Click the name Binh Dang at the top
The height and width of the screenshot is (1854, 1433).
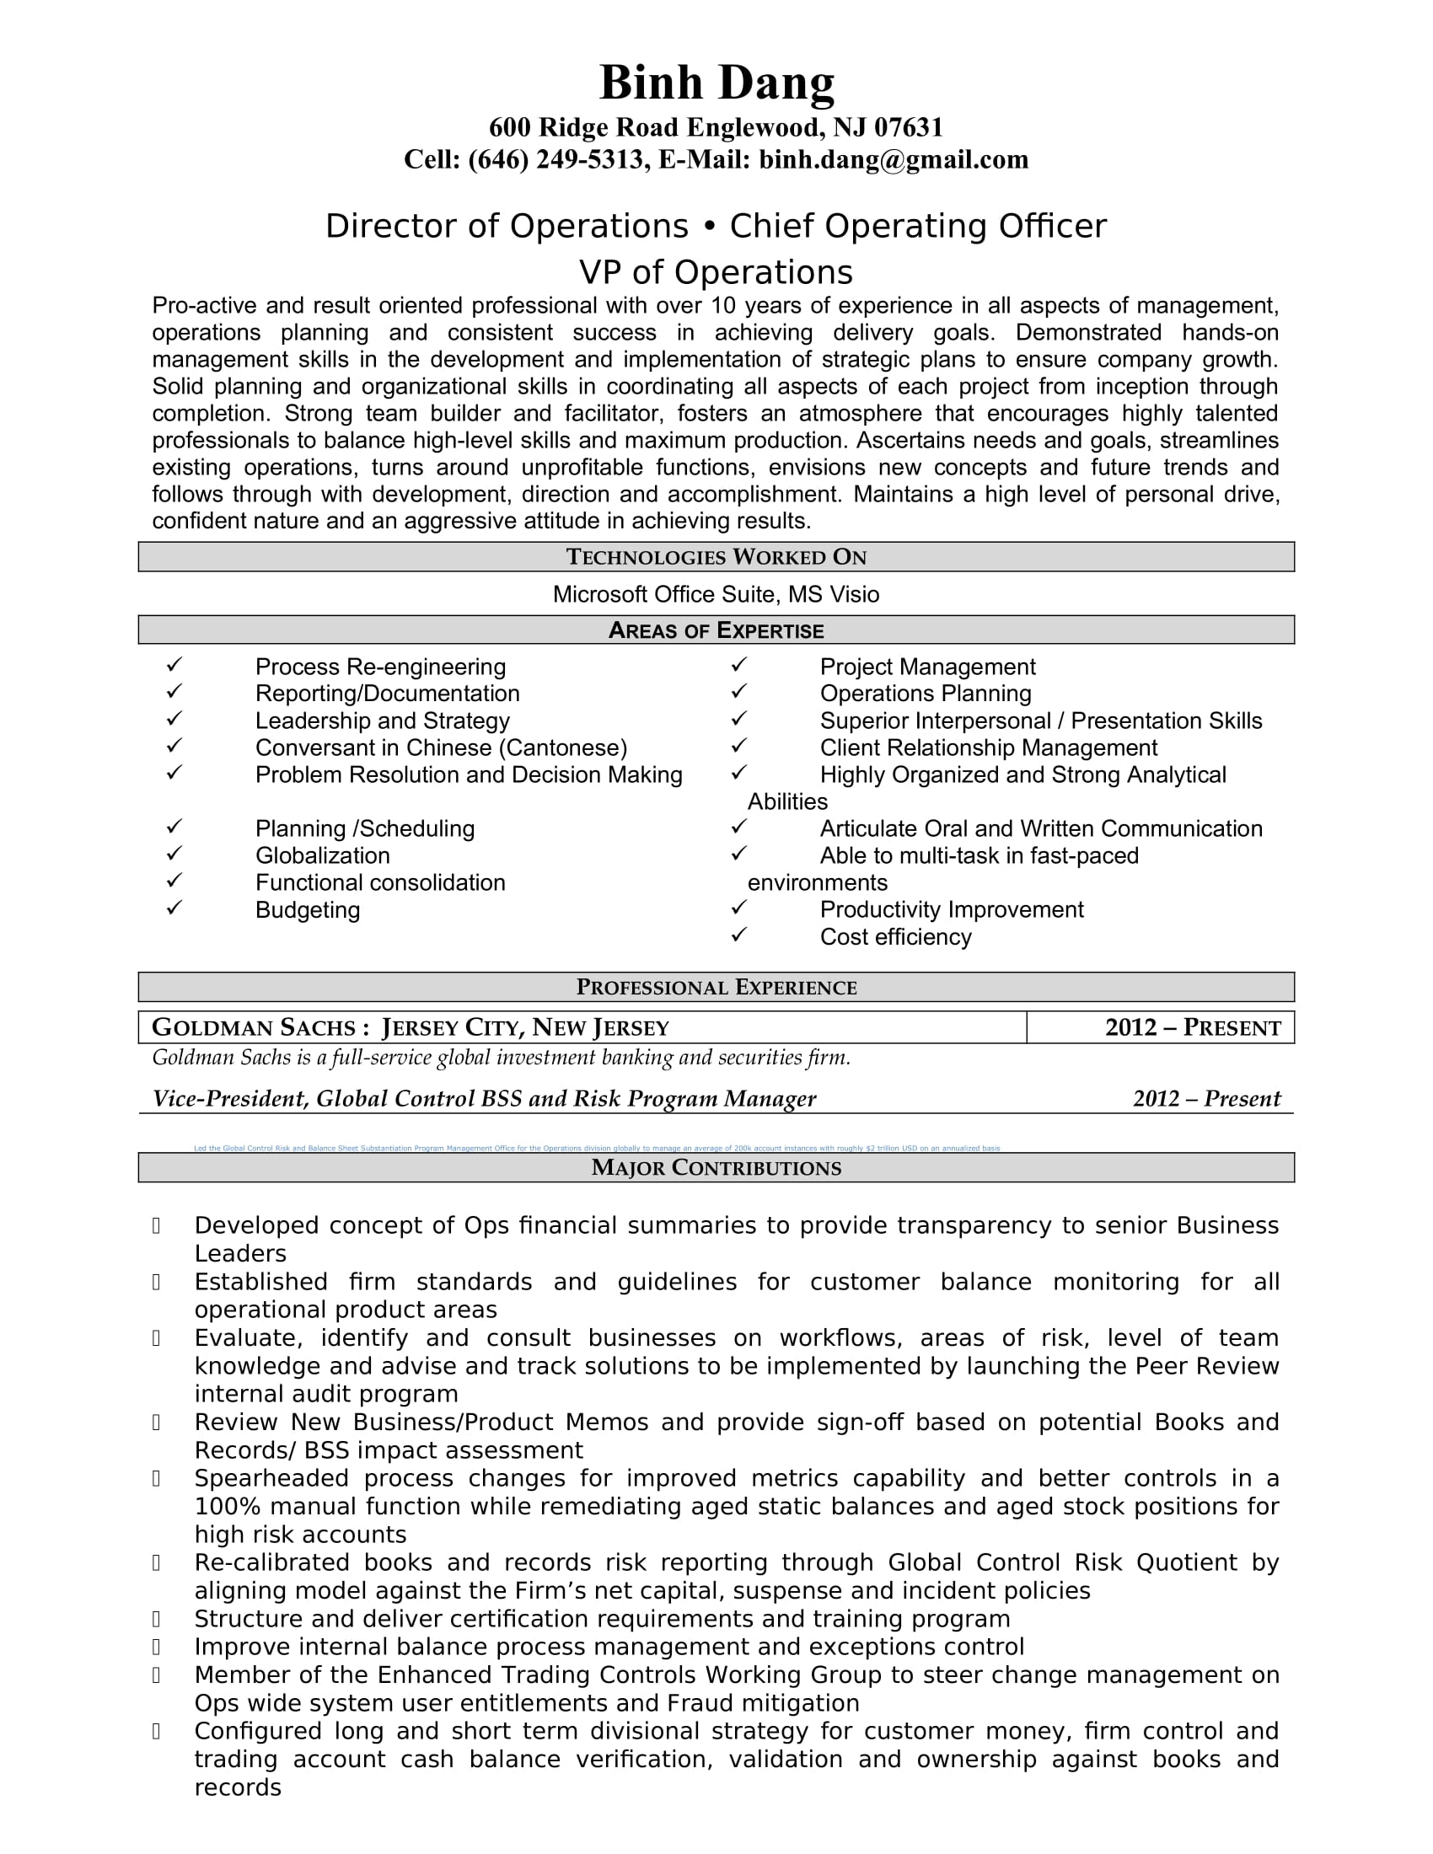[716, 83]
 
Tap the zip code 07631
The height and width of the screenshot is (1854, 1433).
[909, 127]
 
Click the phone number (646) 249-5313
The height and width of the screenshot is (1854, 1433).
[555, 159]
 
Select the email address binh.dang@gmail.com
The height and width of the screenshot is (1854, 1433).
[893, 159]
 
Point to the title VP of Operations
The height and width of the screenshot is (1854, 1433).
[716, 272]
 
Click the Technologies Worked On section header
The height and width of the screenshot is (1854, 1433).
[716, 557]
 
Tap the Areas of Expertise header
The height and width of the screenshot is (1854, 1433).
[716, 630]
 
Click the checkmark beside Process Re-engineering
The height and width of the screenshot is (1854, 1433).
[174, 664]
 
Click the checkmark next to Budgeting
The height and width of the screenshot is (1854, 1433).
[174, 908]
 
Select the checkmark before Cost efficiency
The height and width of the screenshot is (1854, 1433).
[738, 935]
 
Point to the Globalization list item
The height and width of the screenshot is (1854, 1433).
[323, 855]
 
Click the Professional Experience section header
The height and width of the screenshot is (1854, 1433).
[716, 988]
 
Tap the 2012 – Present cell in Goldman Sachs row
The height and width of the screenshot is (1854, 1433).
[1192, 1028]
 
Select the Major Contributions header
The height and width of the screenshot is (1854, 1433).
[716, 1168]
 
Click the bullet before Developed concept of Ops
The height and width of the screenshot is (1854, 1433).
[156, 1225]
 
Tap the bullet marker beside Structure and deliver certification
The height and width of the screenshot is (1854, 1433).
[156, 1619]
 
